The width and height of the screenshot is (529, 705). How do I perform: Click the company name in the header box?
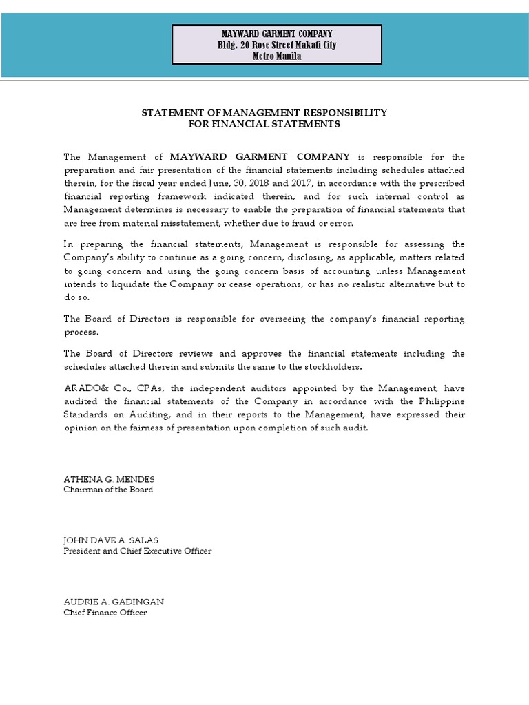pos(276,34)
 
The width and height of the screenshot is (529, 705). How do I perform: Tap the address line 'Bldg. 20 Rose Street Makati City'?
pos(276,45)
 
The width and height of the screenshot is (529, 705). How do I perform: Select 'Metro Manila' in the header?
pos(276,56)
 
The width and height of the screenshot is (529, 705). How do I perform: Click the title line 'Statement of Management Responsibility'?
pos(264,112)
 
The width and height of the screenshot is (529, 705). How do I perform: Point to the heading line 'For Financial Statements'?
pos(264,124)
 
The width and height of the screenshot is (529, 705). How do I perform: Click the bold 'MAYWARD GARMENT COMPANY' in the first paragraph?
pos(260,157)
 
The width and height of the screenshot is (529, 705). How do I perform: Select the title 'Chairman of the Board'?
pos(108,490)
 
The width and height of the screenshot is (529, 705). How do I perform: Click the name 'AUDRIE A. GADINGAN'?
pos(114,602)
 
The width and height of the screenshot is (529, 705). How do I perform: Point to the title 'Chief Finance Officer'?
pos(105,613)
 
